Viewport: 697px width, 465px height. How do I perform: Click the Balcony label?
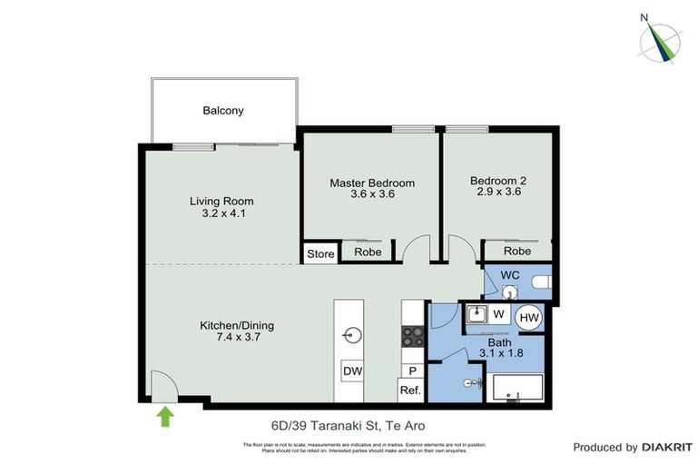coord(223,111)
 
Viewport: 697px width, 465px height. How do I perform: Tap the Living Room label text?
coord(221,201)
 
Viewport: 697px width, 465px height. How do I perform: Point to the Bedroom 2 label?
coord(498,181)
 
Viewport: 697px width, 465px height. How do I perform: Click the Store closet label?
coord(320,253)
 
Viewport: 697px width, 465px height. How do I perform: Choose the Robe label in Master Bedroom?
coord(368,252)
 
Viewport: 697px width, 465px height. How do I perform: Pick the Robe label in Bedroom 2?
coord(517,251)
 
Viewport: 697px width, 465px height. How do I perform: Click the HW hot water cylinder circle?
coord(529,317)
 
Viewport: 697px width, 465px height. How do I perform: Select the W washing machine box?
coord(498,314)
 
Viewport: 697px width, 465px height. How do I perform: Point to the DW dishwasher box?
coord(352,371)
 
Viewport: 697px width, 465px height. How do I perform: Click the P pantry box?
coord(412,371)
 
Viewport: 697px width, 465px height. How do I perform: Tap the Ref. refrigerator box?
coord(411,391)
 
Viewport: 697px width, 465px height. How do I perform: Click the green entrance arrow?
coord(165,416)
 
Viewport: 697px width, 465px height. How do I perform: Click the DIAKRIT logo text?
coord(668,447)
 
